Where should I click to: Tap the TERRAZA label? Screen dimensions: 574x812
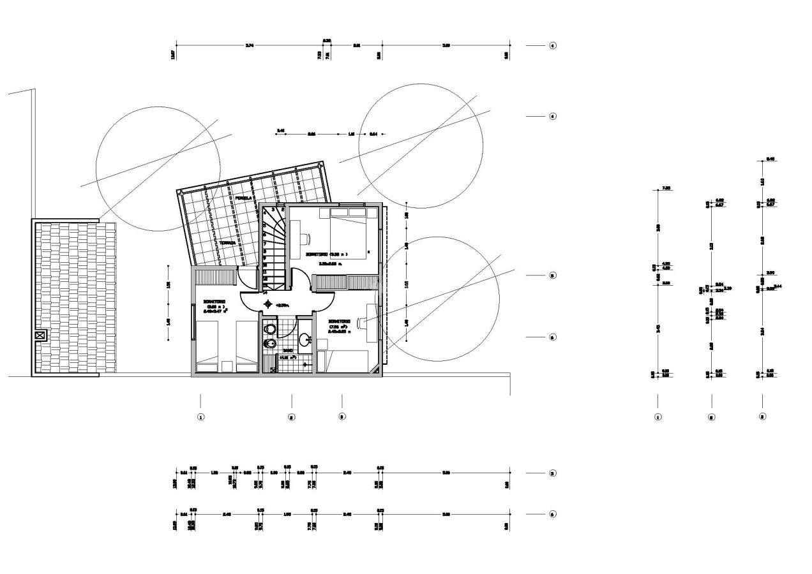pyautogui.click(x=228, y=243)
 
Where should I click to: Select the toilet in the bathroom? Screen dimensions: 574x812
pyautogui.click(x=269, y=328)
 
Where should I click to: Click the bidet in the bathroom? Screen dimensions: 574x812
pyautogui.click(x=269, y=344)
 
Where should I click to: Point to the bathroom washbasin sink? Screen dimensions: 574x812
pyautogui.click(x=304, y=339)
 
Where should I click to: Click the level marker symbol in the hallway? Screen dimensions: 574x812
pyautogui.click(x=267, y=304)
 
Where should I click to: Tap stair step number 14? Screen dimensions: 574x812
pyautogui.click(x=265, y=293)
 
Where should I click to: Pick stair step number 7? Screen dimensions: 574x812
pyautogui.click(x=265, y=243)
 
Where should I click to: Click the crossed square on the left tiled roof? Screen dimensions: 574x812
pyautogui.click(x=40, y=334)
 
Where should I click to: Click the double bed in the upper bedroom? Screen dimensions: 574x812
pyautogui.click(x=348, y=237)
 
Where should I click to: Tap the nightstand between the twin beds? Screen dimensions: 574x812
pyautogui.click(x=227, y=366)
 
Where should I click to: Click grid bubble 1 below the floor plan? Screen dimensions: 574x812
pyautogui.click(x=200, y=417)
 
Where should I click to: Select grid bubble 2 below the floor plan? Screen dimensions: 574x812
pyautogui.click(x=292, y=417)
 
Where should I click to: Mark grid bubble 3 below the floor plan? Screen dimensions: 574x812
pyautogui.click(x=342, y=416)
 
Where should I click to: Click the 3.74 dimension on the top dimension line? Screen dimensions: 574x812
pyautogui.click(x=249, y=45)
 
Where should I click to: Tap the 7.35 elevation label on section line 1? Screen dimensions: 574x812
pyautogui.click(x=666, y=188)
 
